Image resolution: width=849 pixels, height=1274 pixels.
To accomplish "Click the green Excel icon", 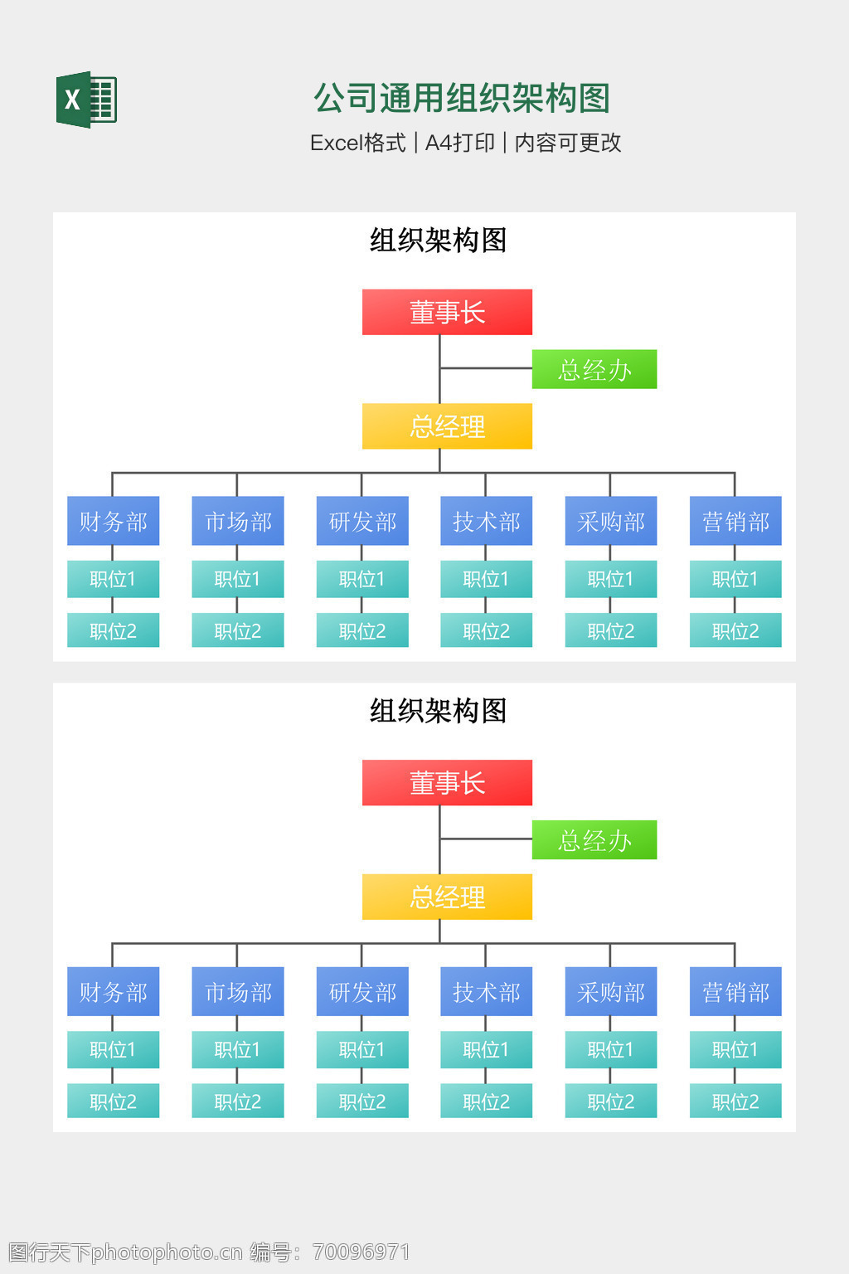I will pos(86,100).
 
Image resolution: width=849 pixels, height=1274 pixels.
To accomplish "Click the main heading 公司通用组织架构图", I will pos(462,99).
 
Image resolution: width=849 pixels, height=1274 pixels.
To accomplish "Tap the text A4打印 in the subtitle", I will pos(459,143).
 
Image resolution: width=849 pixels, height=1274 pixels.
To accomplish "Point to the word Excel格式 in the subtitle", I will pos(357,143).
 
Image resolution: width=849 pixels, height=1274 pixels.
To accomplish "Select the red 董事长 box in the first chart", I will pos(447,312).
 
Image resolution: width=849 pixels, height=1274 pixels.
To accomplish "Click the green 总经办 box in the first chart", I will pos(594,369).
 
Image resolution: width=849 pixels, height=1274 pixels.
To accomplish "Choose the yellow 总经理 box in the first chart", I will pos(447,426).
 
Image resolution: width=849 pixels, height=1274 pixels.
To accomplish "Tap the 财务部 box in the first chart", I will pos(113,521).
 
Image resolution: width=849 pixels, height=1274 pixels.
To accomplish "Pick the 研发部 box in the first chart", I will pos(362,521).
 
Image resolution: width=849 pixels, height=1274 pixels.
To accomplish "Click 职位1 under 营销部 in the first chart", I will pos(735,579).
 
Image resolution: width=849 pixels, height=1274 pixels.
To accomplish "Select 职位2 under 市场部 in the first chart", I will pos(238,631).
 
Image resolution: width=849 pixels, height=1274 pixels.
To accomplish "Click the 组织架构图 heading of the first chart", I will pos(438,241).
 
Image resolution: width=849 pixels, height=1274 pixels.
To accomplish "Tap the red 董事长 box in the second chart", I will pos(447,782).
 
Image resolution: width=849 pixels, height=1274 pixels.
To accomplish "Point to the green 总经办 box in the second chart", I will pos(594,839).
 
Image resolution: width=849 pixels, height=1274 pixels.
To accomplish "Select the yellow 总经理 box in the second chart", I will pos(447,897).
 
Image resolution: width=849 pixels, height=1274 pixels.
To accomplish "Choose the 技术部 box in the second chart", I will pos(486,991).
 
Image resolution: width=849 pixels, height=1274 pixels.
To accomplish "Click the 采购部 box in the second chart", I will pos(611,991).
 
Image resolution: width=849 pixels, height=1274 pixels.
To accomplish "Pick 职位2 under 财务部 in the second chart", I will pos(113,1101).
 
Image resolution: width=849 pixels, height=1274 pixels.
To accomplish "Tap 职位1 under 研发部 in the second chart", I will pos(362,1049).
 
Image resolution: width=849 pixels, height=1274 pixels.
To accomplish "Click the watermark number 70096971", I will pos(361,1252).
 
